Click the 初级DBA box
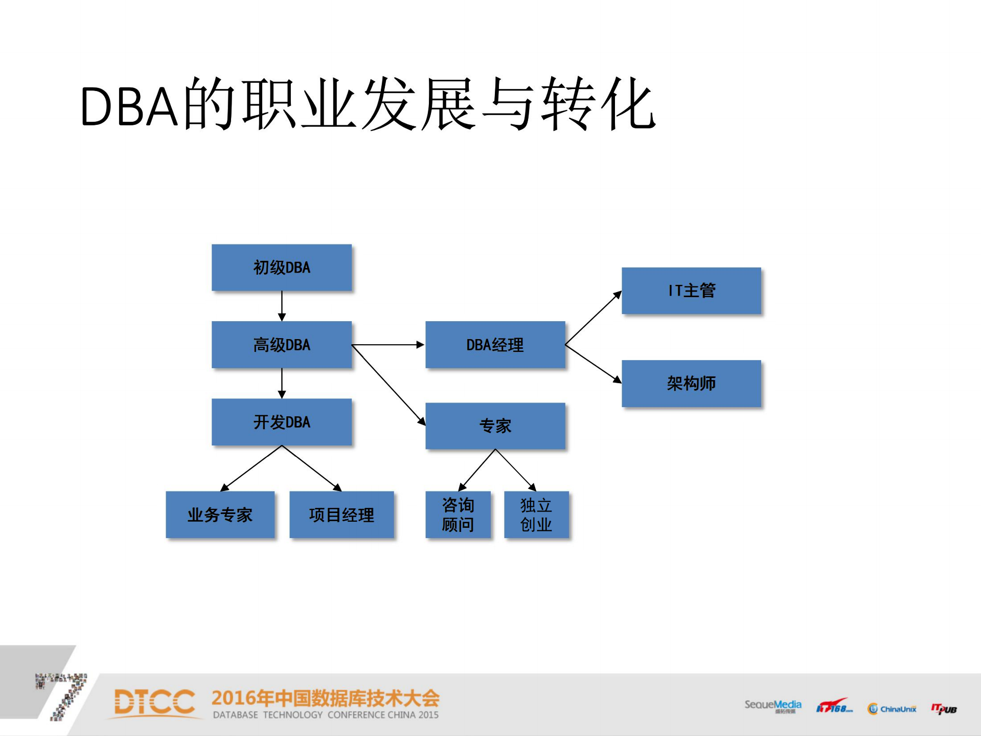pos(282,267)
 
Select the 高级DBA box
pos(282,345)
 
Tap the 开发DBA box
pos(282,422)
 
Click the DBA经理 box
pos(495,345)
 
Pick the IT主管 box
pos(691,291)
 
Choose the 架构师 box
pos(691,384)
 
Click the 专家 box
pos(495,426)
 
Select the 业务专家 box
pos(220,515)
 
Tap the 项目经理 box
pos(341,515)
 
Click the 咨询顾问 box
pos(458,515)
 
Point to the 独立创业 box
pos(536,515)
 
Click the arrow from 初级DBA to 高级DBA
pos(282,306)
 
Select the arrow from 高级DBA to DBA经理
pos(389,345)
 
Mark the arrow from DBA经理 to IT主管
pos(593,318)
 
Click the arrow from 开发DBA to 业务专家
pos(250,469)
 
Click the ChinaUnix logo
pos(892,708)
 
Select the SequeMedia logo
pos(772,706)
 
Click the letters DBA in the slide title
pos(129,106)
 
